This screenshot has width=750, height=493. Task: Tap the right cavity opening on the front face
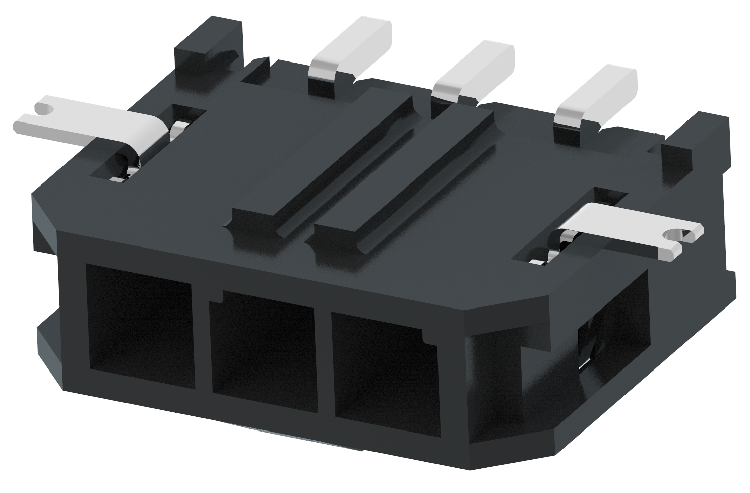pos(386,371)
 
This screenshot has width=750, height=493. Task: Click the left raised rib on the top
pos(323,166)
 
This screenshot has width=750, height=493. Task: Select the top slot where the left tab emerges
pos(146,146)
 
